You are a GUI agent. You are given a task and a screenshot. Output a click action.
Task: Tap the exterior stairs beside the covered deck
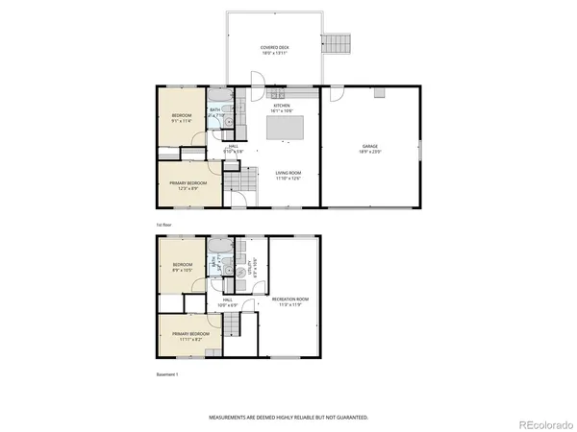point(336,44)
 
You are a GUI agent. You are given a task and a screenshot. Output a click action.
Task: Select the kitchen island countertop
point(291,128)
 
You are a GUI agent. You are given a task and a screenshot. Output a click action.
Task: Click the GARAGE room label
point(369,149)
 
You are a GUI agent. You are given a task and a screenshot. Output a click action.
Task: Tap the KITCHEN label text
point(281,108)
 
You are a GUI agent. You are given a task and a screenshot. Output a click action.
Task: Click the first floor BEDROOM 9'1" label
point(183,118)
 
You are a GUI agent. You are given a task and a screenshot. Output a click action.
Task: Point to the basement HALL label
point(229,300)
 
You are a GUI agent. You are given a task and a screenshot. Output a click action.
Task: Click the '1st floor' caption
point(163,224)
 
